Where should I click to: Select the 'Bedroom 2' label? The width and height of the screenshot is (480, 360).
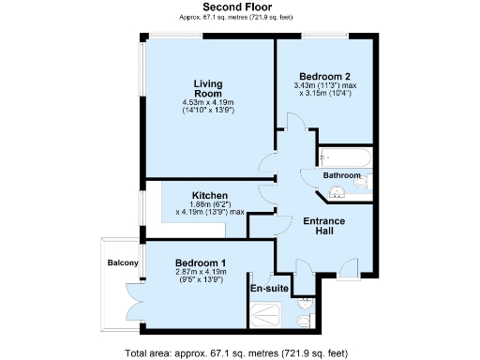pyautogui.click(x=324, y=77)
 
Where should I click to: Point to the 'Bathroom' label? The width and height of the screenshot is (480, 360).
pyautogui.click(x=342, y=175)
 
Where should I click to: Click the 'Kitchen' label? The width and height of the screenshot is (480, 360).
pyautogui.click(x=209, y=195)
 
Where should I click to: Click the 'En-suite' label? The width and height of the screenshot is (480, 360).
pyautogui.click(x=267, y=289)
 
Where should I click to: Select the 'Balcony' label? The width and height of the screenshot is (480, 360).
pyautogui.click(x=123, y=262)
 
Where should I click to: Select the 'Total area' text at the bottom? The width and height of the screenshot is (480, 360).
pyautogui.click(x=236, y=352)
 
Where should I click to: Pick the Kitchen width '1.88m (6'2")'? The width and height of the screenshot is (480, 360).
pyautogui.click(x=211, y=204)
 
